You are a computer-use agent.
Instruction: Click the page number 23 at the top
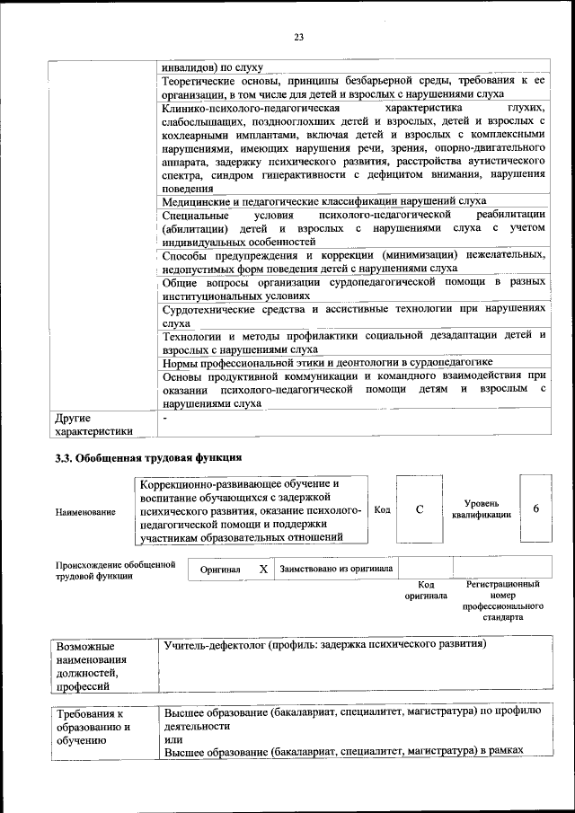point(299,37)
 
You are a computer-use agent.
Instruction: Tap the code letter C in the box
point(420,509)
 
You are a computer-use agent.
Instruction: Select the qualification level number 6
point(535,509)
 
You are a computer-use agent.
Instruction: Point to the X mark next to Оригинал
point(262,569)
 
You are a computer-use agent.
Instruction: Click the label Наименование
point(85,511)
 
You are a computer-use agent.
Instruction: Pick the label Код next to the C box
point(382,509)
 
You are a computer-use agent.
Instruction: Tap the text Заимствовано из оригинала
point(335,569)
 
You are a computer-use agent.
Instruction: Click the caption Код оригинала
point(426,590)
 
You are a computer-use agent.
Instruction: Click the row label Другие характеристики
point(93,424)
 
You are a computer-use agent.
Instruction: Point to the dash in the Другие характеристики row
point(165,419)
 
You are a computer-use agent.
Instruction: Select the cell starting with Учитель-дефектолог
point(323,645)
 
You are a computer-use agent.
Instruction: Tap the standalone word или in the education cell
point(173,738)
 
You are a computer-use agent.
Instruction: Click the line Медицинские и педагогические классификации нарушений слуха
point(324,202)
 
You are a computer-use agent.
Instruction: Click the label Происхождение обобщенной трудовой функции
point(114,570)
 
